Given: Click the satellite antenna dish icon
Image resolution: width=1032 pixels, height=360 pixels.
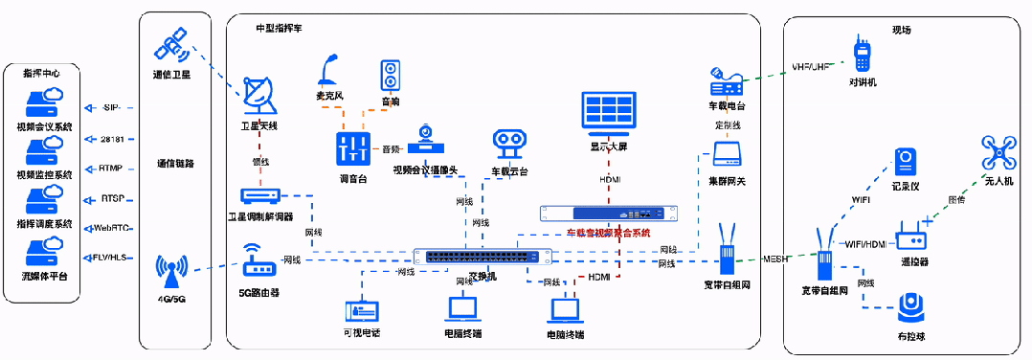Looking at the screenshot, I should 259,96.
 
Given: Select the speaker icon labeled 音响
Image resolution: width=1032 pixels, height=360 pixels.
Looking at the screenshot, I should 390,77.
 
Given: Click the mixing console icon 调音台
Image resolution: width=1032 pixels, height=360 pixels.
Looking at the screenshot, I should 353,149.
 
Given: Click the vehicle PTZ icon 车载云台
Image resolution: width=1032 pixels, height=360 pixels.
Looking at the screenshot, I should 508,145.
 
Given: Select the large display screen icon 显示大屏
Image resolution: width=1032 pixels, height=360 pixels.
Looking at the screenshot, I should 609,112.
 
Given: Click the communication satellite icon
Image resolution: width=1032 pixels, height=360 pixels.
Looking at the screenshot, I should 173,45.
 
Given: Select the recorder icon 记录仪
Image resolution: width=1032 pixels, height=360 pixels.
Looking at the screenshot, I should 906,163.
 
